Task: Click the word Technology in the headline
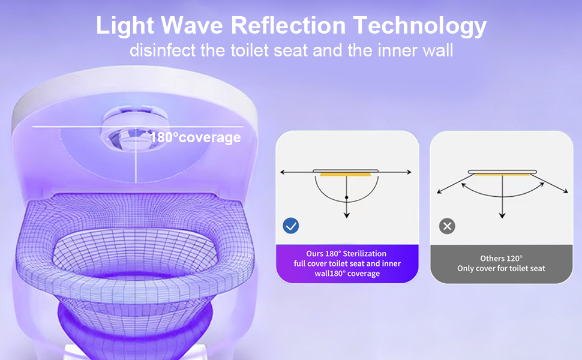click(420, 26)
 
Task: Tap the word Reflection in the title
click(288, 25)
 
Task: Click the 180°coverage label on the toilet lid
click(195, 137)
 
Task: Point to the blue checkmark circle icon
click(290, 226)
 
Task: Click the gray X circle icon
click(447, 226)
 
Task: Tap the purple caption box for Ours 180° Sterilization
click(347, 263)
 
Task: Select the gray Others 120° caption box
click(501, 264)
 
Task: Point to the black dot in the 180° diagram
click(346, 197)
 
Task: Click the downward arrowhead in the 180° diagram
click(346, 215)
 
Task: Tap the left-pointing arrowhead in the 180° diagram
click(283, 172)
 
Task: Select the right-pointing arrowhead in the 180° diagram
click(409, 172)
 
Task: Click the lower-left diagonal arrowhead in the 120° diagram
click(439, 191)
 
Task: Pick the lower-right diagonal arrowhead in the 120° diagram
click(565, 191)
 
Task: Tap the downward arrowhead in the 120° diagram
click(502, 215)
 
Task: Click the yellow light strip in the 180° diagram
click(346, 174)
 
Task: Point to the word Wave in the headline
click(192, 25)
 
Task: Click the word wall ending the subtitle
click(439, 50)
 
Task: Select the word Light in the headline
click(125, 26)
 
